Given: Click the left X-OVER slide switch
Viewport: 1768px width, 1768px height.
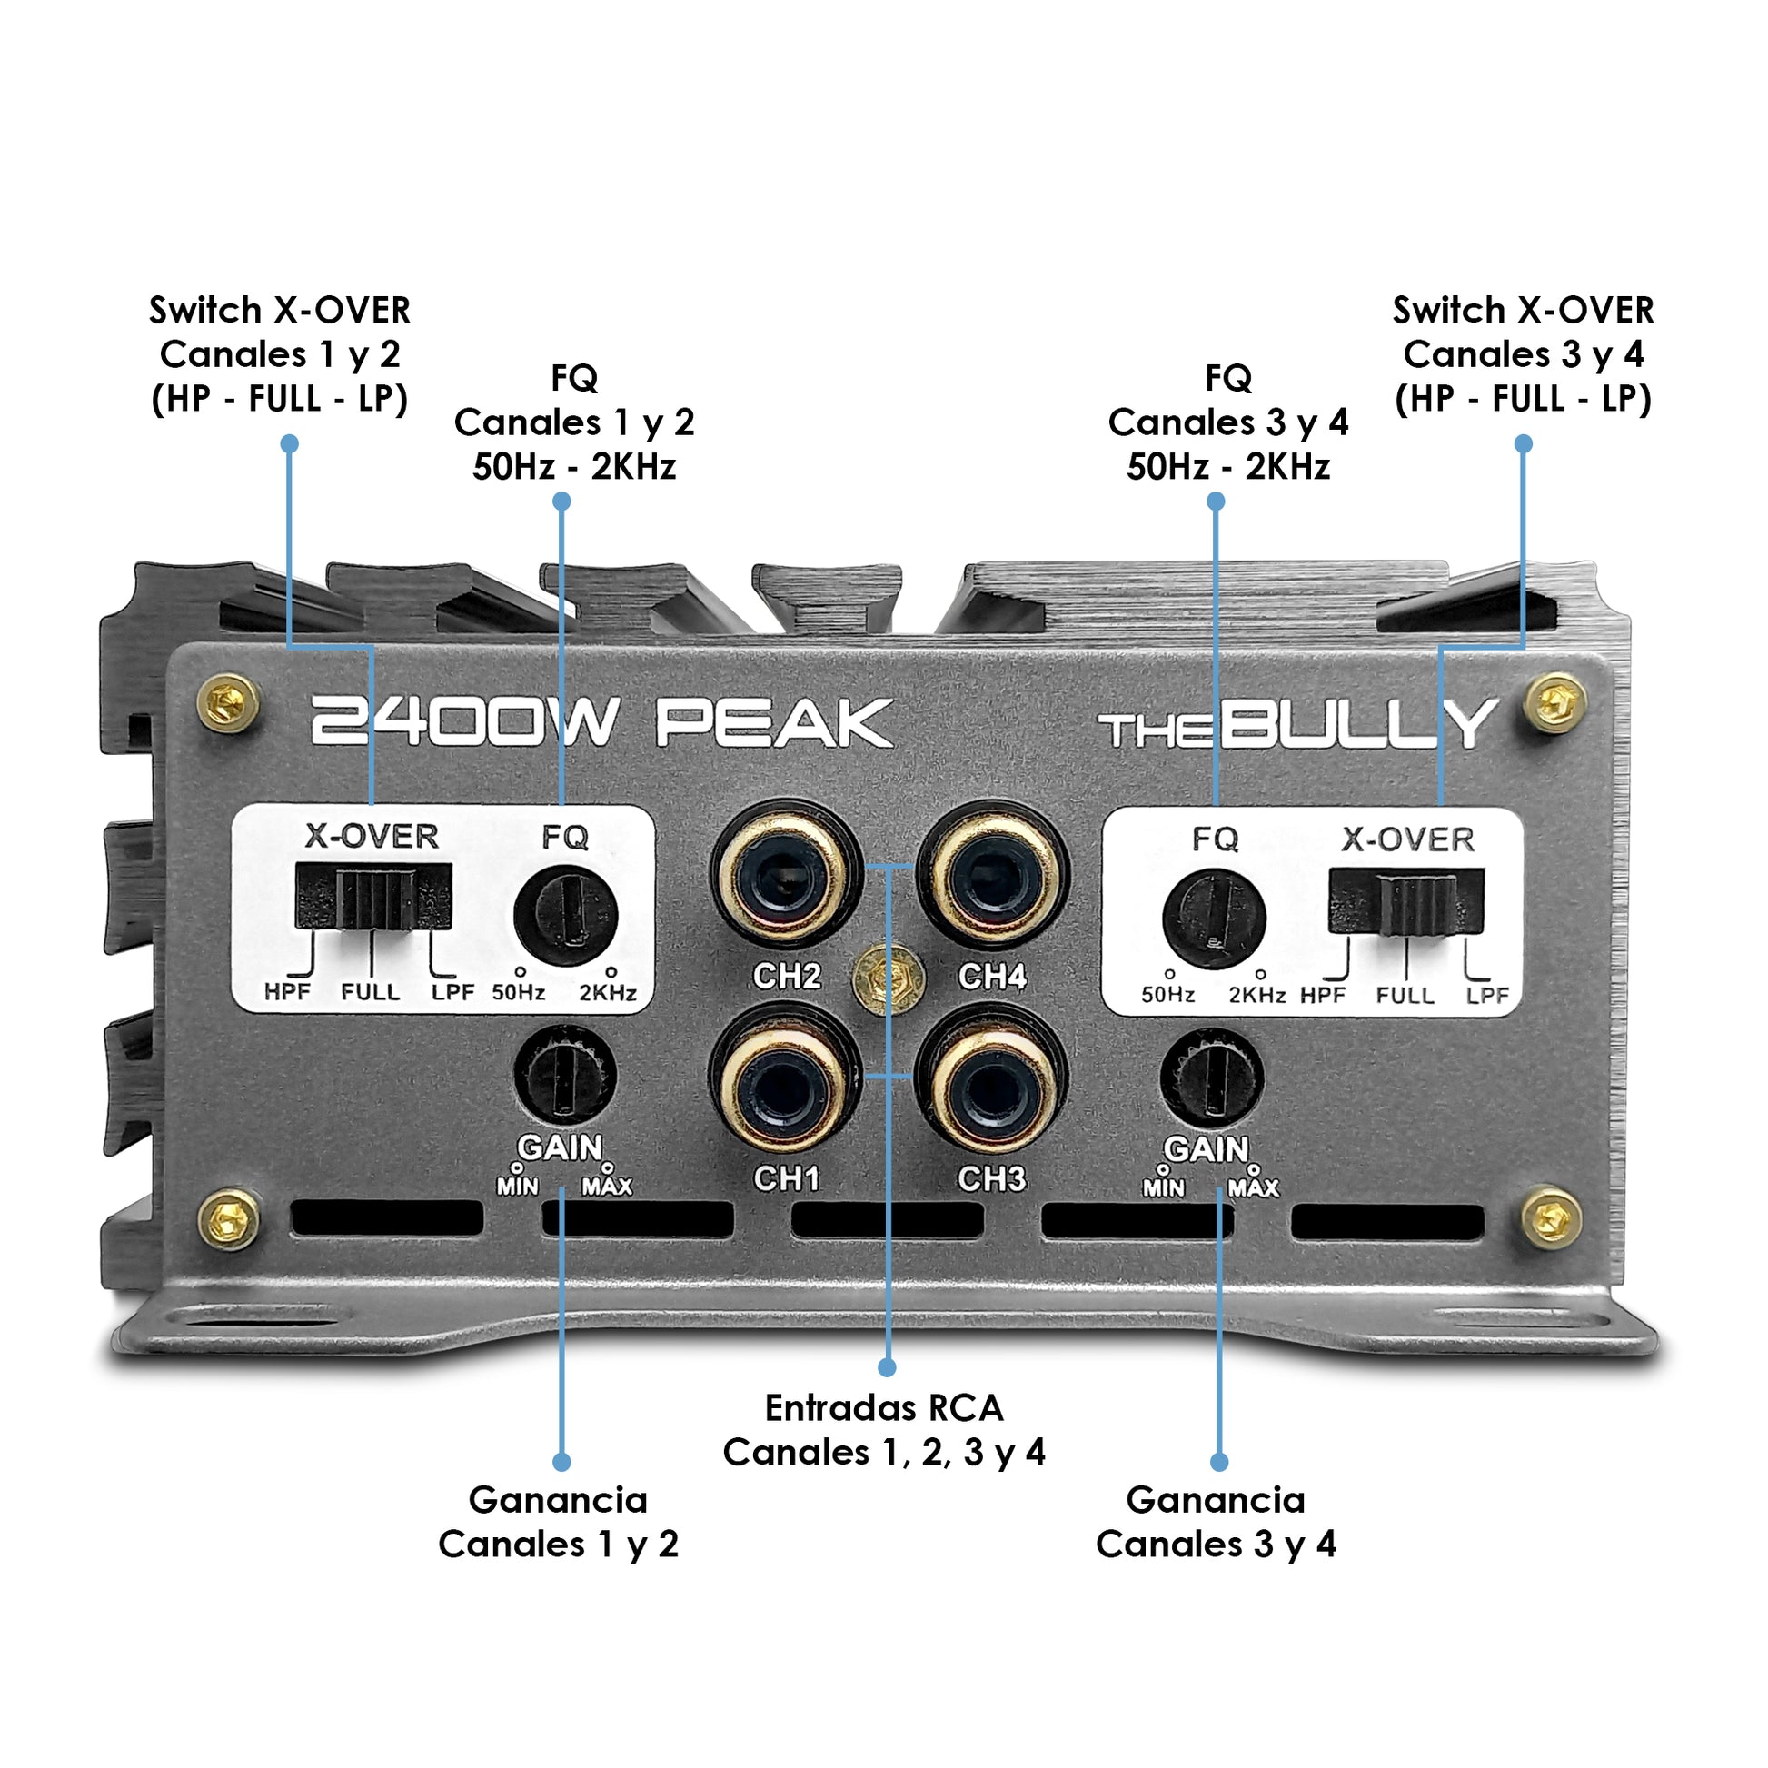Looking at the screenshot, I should coord(373,898).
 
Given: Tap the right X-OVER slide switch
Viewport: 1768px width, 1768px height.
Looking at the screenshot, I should coord(1405,901).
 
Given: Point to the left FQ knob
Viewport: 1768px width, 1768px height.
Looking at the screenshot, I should coord(565,915).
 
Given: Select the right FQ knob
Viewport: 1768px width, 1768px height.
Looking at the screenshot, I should coord(1214,918).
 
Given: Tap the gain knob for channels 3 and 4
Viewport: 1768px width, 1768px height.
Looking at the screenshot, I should coord(1212,1077).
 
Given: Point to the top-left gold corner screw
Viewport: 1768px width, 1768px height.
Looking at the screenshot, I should coord(228,703).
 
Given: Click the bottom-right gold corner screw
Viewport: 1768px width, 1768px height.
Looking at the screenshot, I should coord(1551,1217).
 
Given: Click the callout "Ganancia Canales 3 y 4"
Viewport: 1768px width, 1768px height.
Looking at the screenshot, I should coord(1216,1522).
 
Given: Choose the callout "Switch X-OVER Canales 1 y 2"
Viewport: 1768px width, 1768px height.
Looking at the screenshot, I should coord(280,354).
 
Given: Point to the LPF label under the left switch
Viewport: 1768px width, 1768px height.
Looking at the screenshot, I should coord(453,992).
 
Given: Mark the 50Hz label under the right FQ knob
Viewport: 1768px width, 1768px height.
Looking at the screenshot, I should coord(1167,995).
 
